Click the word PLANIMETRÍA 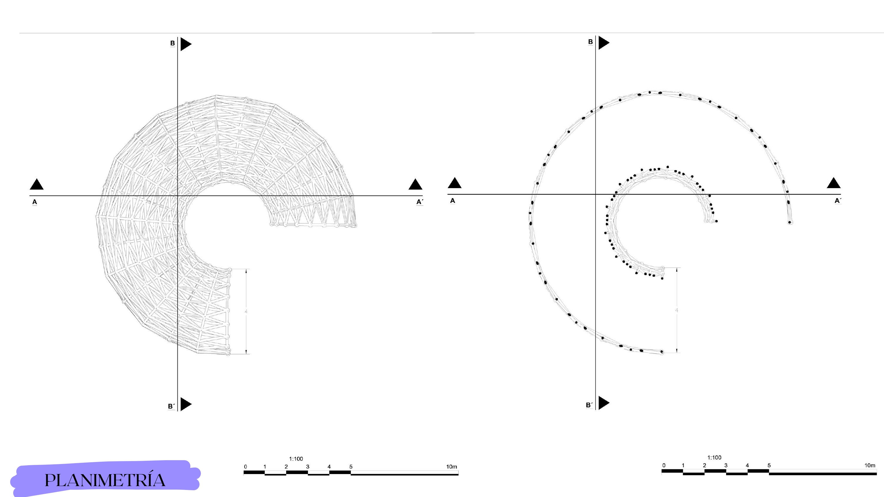pos(105,480)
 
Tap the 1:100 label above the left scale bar pos(296,459)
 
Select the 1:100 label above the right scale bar pos(714,457)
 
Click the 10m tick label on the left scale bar pos(452,466)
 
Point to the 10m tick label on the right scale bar pos(870,465)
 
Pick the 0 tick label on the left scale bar pos(245,466)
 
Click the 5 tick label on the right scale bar pos(769,465)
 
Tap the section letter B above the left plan pos(173,43)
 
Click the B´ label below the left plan pos(171,406)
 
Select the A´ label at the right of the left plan pos(420,202)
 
